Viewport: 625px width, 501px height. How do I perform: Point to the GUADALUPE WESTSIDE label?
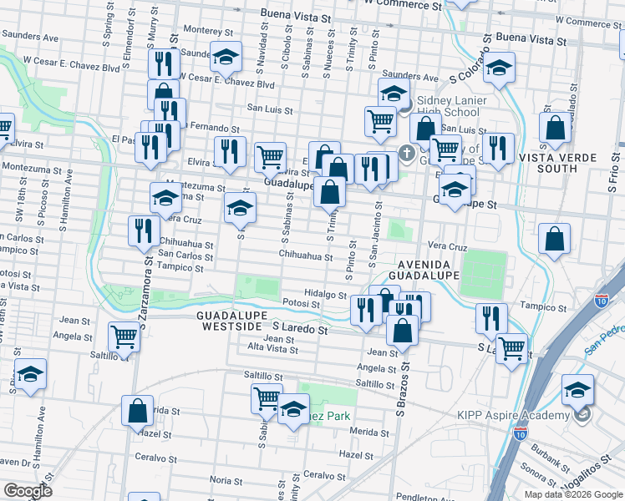point(232,321)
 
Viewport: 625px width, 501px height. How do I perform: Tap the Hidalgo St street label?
point(325,294)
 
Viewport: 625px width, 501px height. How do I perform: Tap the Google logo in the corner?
point(28,490)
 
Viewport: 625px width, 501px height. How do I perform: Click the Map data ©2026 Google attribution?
point(572,494)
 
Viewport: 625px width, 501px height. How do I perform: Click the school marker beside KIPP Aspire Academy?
point(577,390)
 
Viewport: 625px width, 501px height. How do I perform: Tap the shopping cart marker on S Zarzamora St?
point(124,338)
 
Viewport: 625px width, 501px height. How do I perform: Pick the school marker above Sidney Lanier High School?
point(394,93)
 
